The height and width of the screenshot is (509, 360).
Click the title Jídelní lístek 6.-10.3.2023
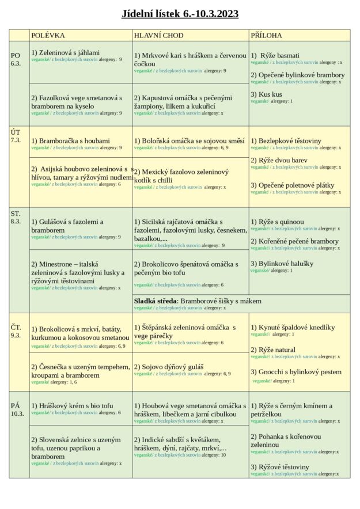tap(180, 14)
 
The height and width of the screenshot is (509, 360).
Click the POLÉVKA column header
tap(48, 36)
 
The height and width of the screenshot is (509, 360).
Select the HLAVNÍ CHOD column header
tap(159, 36)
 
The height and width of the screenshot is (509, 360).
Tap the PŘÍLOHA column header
tap(266, 36)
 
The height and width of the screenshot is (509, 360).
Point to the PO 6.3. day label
tap(16, 59)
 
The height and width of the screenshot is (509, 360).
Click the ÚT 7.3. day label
tap(16, 136)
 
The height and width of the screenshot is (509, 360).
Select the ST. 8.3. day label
tap(16, 217)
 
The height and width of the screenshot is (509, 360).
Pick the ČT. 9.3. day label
tap(16, 331)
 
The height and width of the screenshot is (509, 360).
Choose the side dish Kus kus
tap(266, 94)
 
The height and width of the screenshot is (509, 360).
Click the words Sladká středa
tap(156, 301)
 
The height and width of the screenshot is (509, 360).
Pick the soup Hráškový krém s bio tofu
tap(72, 406)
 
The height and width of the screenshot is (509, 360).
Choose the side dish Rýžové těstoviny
tap(279, 467)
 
